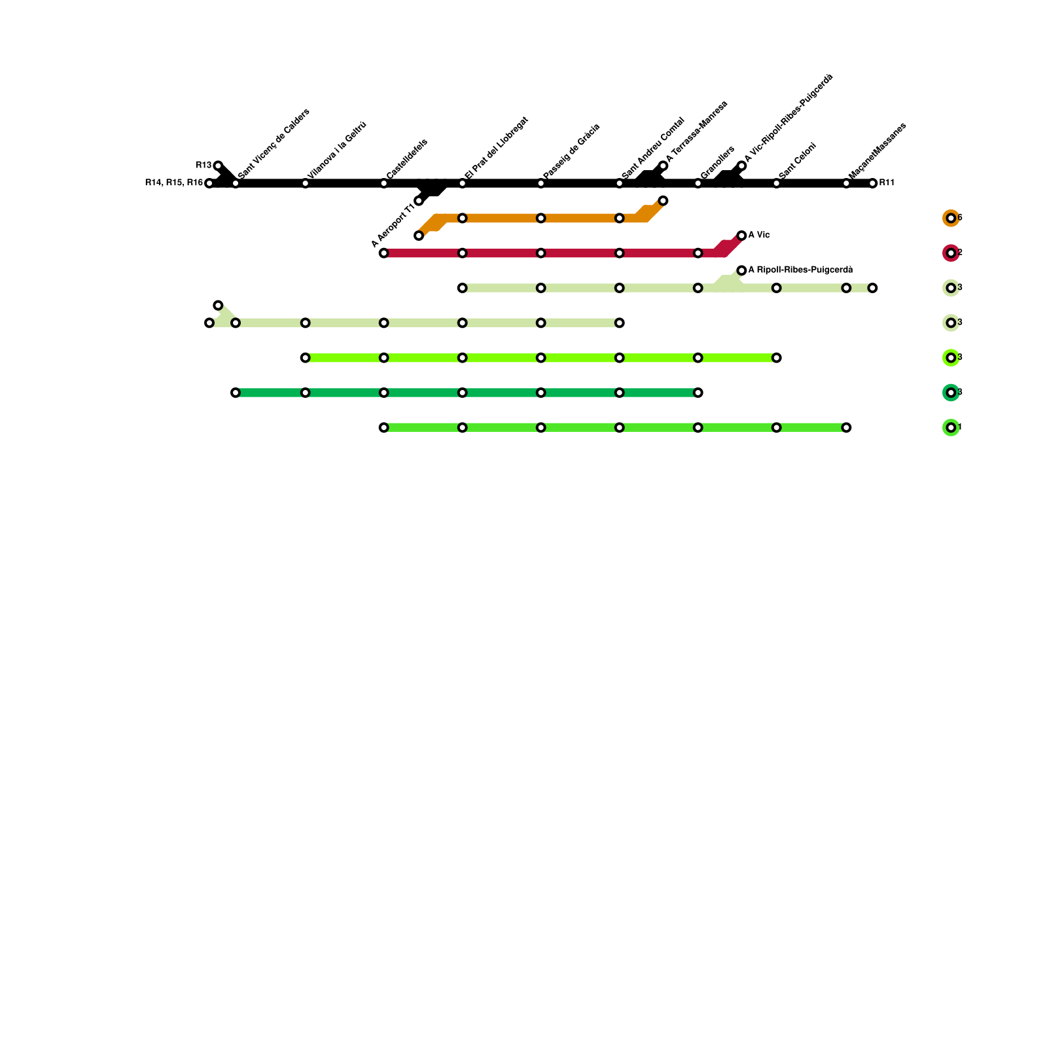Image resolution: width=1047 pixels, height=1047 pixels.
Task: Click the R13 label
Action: (203, 165)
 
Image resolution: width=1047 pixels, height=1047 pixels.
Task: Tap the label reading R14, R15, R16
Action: (173, 183)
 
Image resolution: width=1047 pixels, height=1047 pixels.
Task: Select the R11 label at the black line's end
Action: (887, 183)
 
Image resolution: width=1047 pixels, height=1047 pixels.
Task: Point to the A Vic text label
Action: (759, 235)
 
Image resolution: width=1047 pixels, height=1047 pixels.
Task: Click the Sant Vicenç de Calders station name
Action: (274, 143)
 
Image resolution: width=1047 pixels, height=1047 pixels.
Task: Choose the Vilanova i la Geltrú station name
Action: (336, 150)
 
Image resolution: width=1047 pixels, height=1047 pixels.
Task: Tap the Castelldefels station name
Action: (406, 158)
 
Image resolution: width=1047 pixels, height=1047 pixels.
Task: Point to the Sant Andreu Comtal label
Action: (652, 148)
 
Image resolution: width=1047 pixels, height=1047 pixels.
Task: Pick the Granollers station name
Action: (717, 162)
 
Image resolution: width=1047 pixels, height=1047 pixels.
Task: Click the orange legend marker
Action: (951, 218)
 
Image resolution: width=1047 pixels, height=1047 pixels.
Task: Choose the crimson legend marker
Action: (951, 253)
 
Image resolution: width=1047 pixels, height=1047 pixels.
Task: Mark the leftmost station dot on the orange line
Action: (419, 236)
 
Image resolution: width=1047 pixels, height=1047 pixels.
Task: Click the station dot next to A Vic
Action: (741, 236)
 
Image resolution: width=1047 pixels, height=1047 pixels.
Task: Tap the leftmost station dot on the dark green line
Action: (236, 393)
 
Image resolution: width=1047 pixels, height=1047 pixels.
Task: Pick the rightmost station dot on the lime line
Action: (776, 358)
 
